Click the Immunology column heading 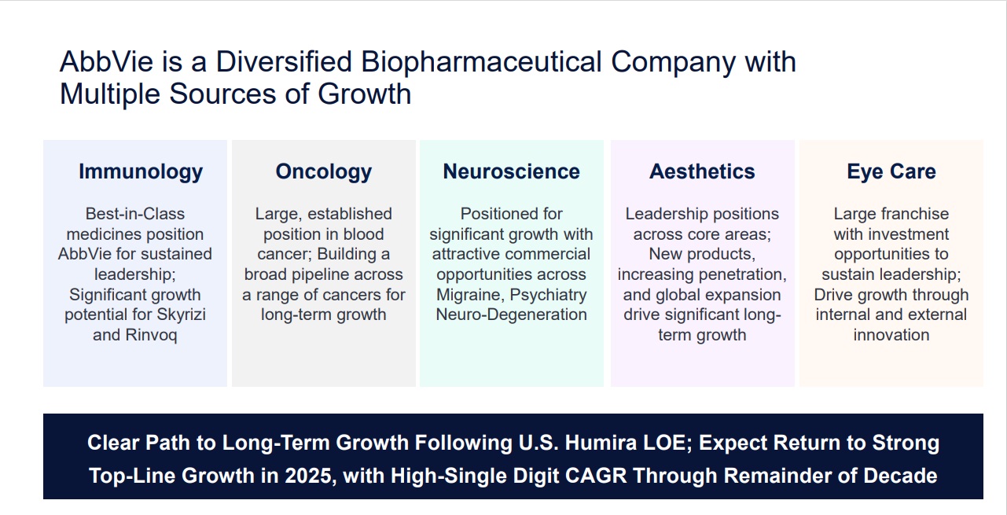[141, 172]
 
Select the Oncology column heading [324, 172]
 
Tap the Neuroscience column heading [512, 171]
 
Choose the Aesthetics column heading [702, 171]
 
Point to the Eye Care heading [891, 172]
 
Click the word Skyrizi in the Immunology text [180, 315]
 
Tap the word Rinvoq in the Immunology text [151, 336]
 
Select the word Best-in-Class [135, 214]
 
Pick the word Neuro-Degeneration [512, 315]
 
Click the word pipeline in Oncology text [315, 274]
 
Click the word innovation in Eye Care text [891, 335]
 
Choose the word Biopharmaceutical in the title [481, 62]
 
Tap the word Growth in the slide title [365, 94]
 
